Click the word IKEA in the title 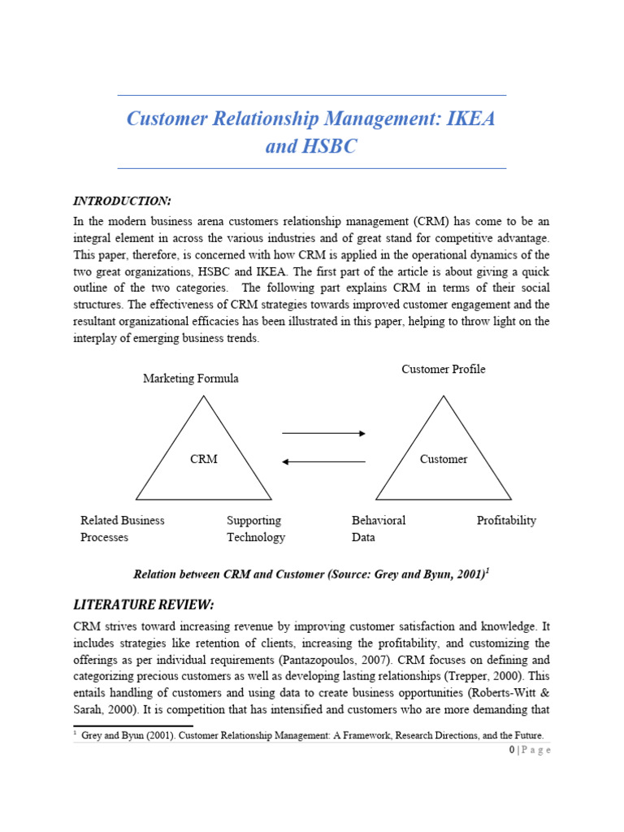pos(466,119)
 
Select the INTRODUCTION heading pos(122,201)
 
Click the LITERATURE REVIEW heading pos(144,604)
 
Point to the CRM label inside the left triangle pos(203,459)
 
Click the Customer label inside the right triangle pos(443,459)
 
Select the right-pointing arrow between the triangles pos(323,433)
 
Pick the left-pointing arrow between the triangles pos(323,461)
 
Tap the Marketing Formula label pos(191,379)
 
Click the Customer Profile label pos(443,369)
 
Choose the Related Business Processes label pos(122,528)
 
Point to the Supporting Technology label pos(255,528)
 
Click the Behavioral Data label pos(378,528)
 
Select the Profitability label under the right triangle pos(506,520)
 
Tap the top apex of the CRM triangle pos(204,396)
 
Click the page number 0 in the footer pos(512,750)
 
